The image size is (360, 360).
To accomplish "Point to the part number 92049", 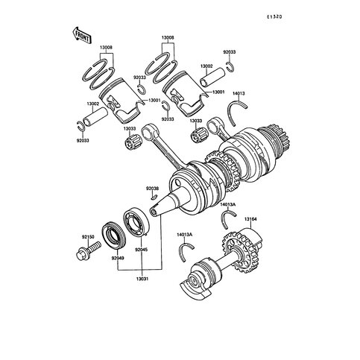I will [x=118, y=257].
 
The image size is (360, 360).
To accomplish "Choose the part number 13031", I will [x=140, y=279].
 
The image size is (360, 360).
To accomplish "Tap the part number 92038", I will [x=152, y=189].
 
